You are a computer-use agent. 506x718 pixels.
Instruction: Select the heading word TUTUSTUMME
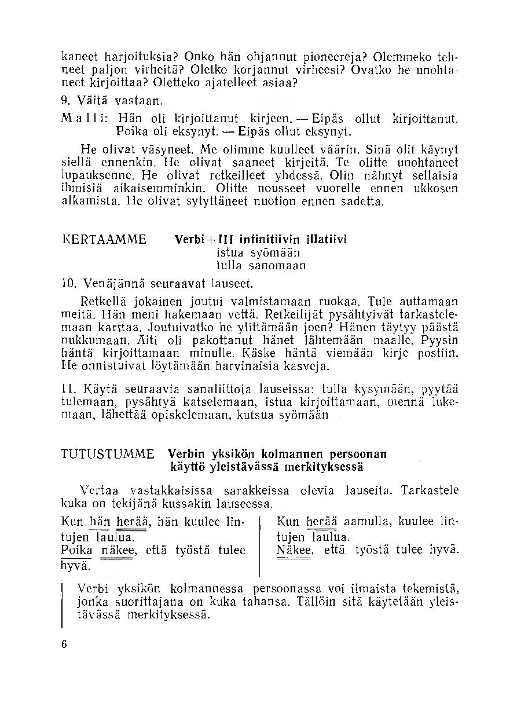click(x=108, y=454)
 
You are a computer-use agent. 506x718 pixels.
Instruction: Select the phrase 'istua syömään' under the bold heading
click(x=258, y=253)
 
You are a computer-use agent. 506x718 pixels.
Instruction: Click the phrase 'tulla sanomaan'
click(x=261, y=266)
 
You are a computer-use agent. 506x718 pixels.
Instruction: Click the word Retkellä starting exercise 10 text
click(x=98, y=302)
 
